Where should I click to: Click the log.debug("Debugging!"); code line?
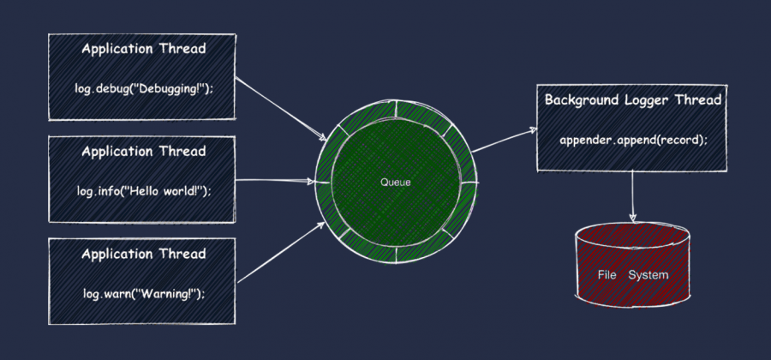point(143,88)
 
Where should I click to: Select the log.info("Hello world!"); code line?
point(143,190)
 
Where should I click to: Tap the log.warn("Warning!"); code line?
point(143,293)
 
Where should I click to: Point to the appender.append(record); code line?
point(633,140)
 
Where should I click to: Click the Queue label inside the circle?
point(395,183)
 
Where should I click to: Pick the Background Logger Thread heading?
point(633,100)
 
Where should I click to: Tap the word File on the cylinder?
point(607,275)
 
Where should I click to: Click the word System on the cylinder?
point(648,275)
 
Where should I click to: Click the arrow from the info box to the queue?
point(274,182)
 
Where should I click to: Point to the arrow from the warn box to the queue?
point(279,257)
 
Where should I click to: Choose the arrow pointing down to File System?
point(633,193)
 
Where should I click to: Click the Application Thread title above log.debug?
point(143,49)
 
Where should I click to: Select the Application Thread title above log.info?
point(143,152)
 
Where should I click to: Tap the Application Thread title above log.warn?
point(143,255)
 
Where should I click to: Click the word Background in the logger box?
point(581,100)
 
